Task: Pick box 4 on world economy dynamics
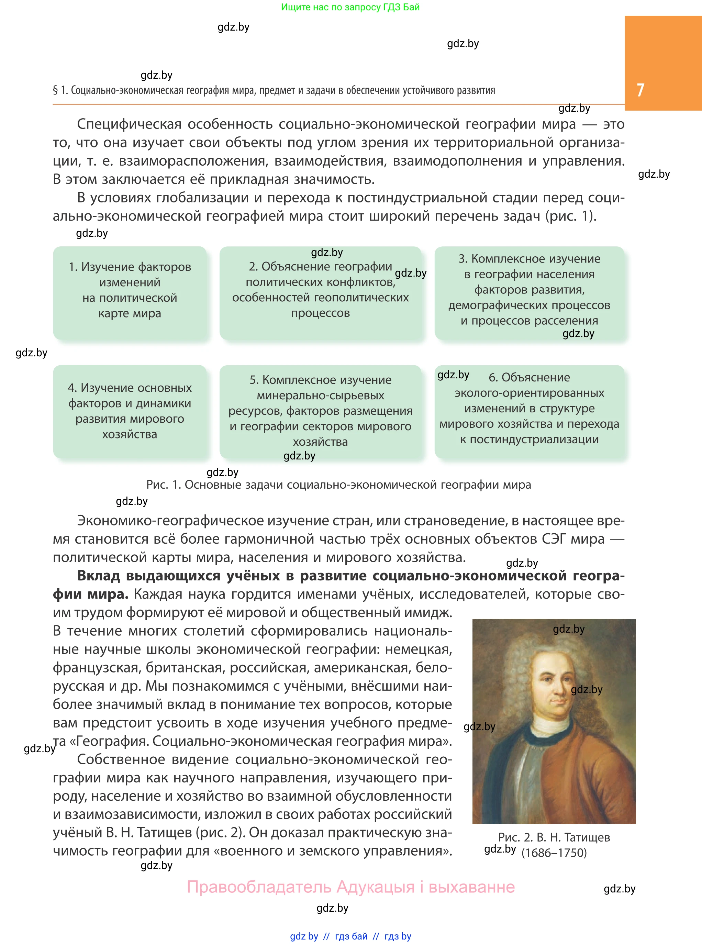130,411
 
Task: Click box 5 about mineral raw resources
320,411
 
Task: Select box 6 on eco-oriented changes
529,411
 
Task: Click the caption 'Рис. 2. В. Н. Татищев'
554,837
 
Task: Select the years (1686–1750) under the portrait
554,853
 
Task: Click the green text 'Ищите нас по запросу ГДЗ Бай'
350,7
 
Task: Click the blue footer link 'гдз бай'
351,936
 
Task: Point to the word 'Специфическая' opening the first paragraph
129,124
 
